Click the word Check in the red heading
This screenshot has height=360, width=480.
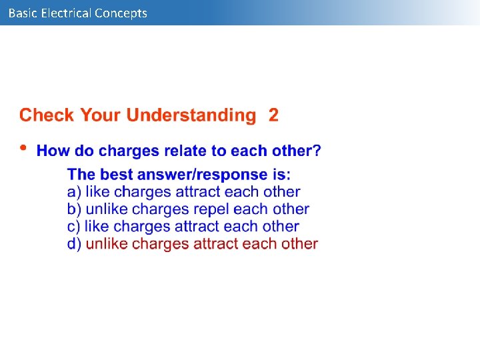47,115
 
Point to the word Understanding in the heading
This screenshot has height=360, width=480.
191,115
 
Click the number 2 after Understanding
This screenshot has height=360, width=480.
273,115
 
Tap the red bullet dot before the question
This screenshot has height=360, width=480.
23,148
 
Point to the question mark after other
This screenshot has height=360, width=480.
317,151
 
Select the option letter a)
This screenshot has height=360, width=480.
74,192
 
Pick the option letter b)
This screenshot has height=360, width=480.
74,209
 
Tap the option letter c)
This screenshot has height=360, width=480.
74,227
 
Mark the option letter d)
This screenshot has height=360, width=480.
74,244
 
